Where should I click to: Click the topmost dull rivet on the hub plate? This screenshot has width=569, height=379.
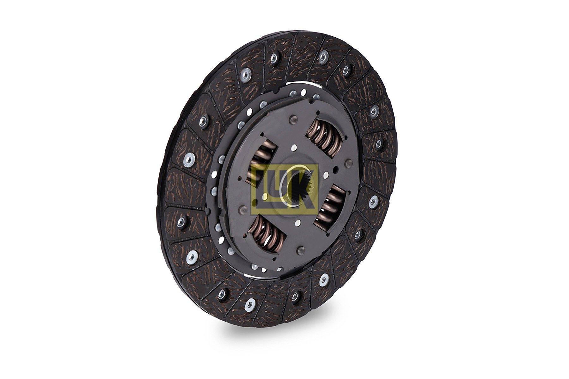(291, 119)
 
